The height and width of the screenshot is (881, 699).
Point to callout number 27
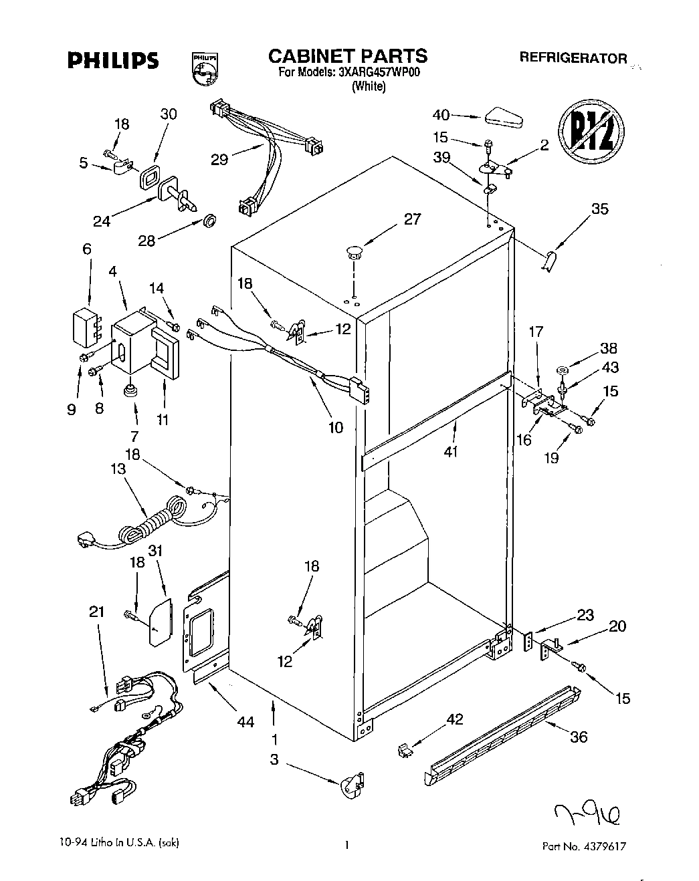[x=412, y=219]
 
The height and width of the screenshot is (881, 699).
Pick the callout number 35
[x=599, y=209]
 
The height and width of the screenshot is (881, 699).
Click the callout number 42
[x=454, y=719]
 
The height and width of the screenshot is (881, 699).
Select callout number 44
[x=246, y=722]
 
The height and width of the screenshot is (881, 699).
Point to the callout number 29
[x=219, y=159]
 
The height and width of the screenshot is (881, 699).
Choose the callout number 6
[x=86, y=249]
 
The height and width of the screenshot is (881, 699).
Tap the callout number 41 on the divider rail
[x=451, y=452]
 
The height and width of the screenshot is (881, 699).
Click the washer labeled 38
[x=561, y=370]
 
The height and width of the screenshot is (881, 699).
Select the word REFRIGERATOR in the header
[x=573, y=57]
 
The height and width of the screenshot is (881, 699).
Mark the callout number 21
[x=97, y=611]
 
